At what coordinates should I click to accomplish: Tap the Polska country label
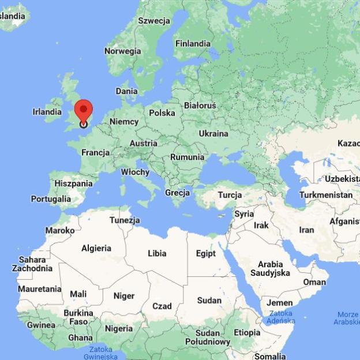click(x=162, y=113)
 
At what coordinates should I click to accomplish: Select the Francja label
click(x=96, y=153)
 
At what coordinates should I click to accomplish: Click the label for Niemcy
click(x=124, y=122)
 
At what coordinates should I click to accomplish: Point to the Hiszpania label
click(x=73, y=183)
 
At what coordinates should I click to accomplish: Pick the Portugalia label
click(x=51, y=199)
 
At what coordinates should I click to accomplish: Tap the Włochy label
click(x=135, y=172)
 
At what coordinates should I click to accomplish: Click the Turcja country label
click(x=230, y=195)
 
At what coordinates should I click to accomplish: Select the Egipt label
click(x=206, y=254)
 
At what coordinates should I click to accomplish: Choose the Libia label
click(x=157, y=253)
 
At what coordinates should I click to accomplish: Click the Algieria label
click(x=96, y=249)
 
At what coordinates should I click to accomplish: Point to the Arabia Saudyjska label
click(x=270, y=268)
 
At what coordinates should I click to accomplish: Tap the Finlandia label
click(x=193, y=44)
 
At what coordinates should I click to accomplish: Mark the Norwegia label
click(x=122, y=51)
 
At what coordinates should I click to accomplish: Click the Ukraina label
click(x=213, y=134)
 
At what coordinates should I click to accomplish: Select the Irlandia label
click(x=47, y=112)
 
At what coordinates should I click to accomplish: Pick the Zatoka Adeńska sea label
click(x=281, y=317)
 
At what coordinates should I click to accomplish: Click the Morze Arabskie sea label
click(x=346, y=318)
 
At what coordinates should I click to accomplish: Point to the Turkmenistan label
click(x=326, y=195)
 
